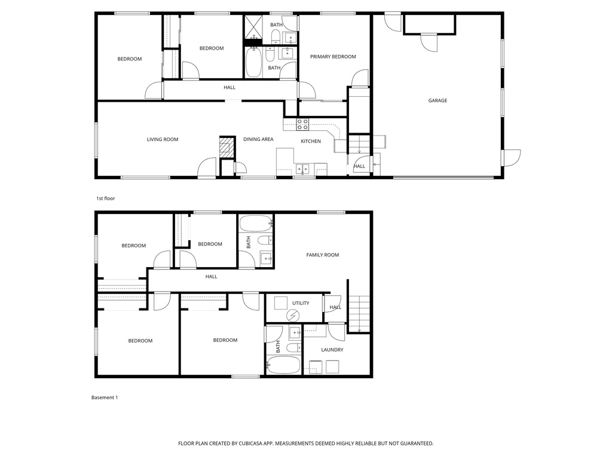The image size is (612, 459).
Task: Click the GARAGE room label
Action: pos(437,100)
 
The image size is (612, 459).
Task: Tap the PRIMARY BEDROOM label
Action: pos(333,57)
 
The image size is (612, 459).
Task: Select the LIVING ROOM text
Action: pos(163,139)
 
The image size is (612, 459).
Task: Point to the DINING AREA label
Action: pos(258,139)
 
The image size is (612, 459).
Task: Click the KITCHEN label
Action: pos(311,142)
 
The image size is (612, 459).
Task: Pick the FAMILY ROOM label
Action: pos(323,255)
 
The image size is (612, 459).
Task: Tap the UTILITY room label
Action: pos(301,303)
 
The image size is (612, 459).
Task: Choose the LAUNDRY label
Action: pos(332,350)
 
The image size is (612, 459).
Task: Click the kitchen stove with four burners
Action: pos(303,124)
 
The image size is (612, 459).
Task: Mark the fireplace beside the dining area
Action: pos(225,148)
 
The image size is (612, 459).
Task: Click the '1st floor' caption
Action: pos(105,198)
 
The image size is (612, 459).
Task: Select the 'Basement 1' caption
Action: pos(105,397)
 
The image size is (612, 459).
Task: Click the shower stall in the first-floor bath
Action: pos(252,27)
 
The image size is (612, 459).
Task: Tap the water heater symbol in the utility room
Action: pos(292,315)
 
